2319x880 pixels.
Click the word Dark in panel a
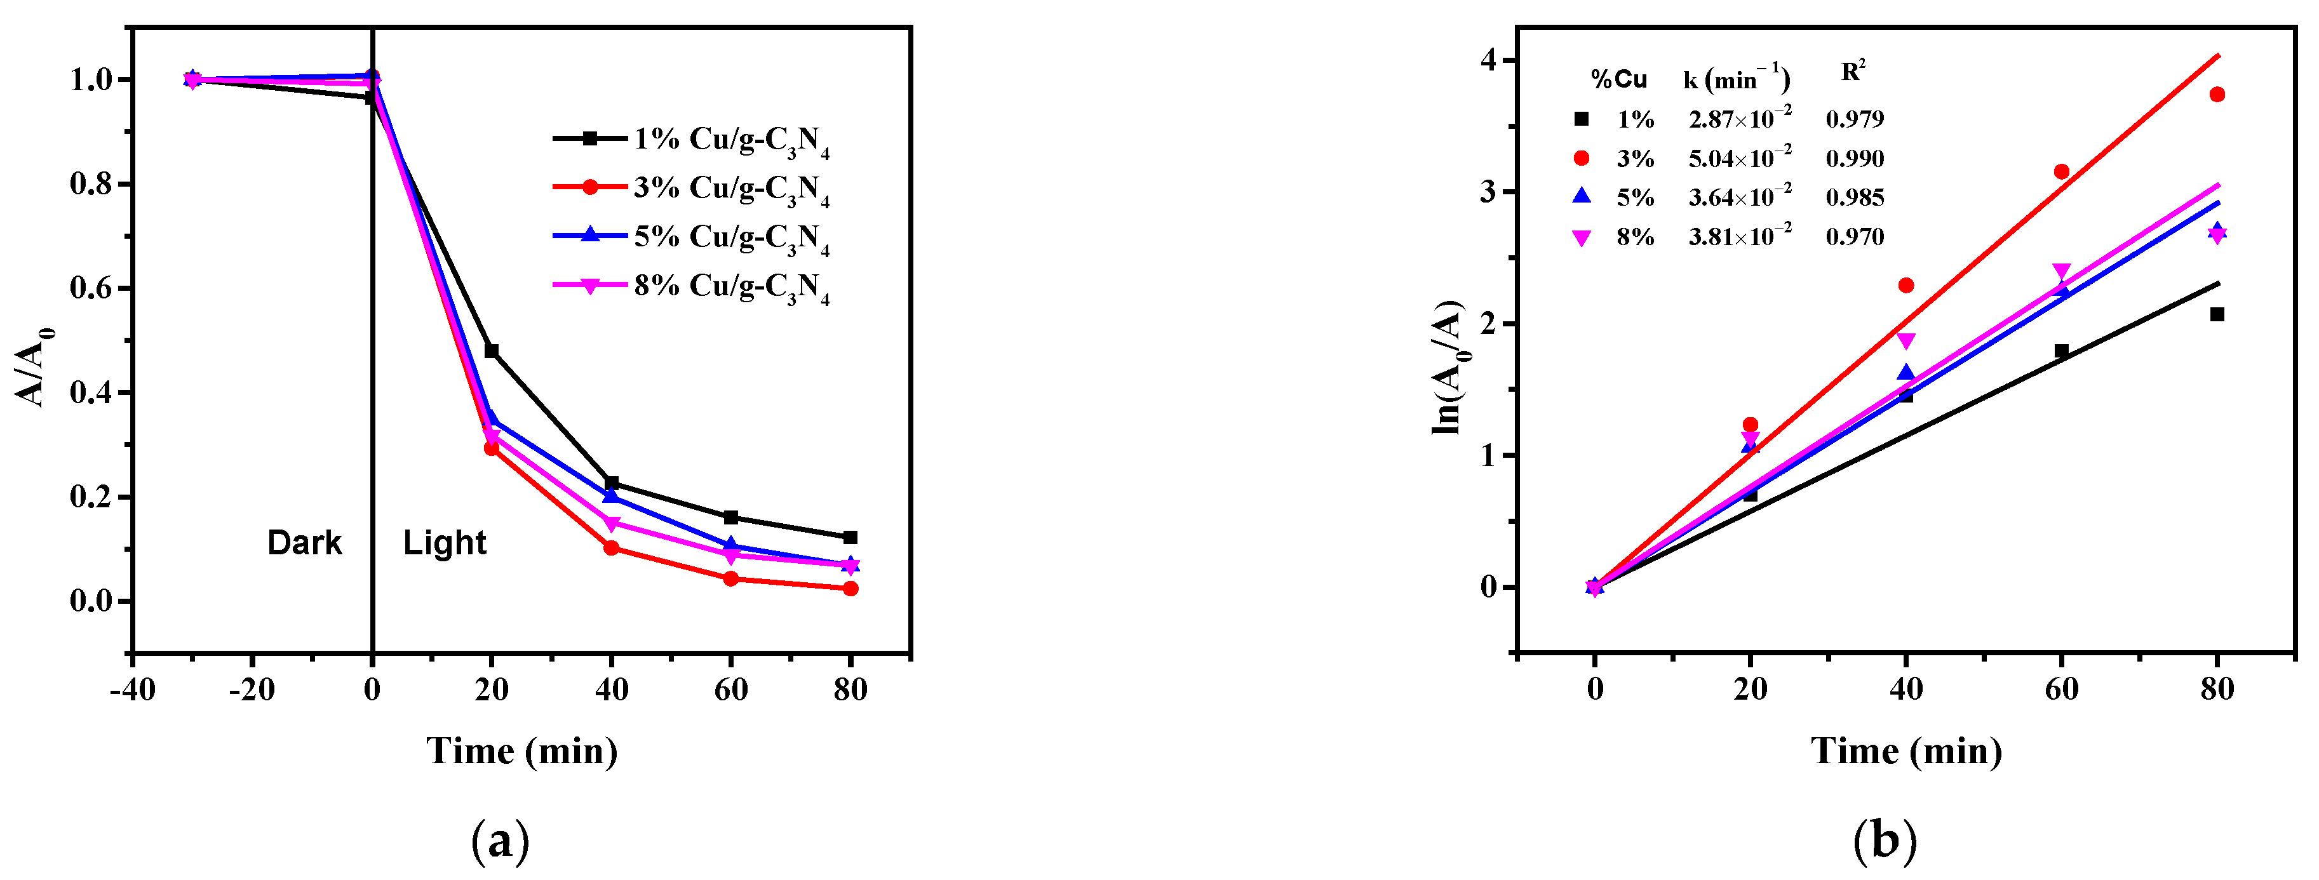pyautogui.click(x=304, y=543)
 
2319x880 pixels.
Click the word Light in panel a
pyautogui.click(x=445, y=543)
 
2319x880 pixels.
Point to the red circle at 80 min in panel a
pyautogui.click(x=850, y=589)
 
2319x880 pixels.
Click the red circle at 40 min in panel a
pyautogui.click(x=611, y=548)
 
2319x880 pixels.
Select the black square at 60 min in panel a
pyautogui.click(x=731, y=517)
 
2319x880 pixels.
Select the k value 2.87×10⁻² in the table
pyautogui.click(x=1739, y=118)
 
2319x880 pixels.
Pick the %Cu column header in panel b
pyautogui.click(x=1618, y=80)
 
